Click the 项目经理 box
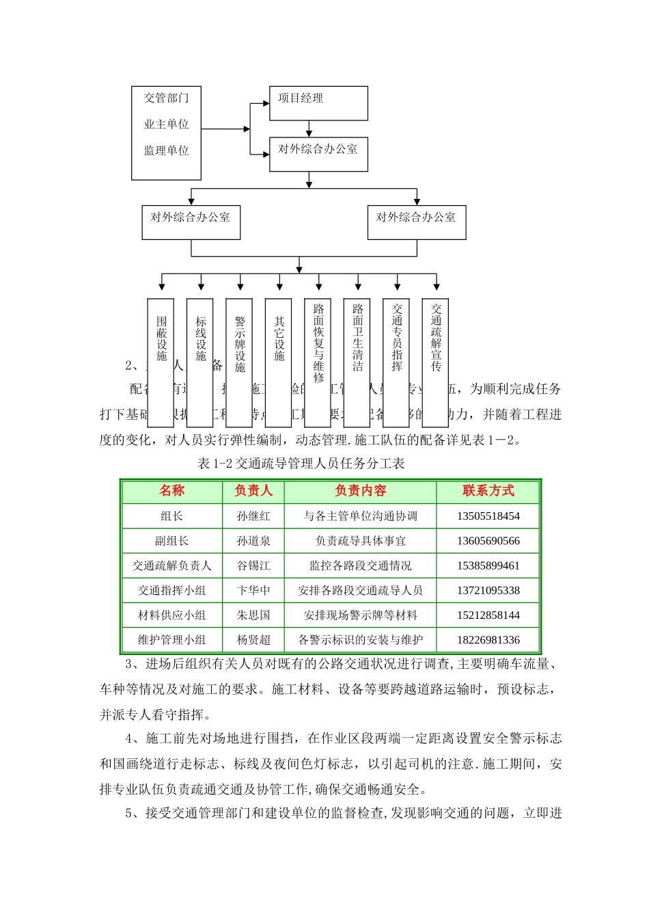pyautogui.click(x=318, y=103)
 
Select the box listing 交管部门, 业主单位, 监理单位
pyautogui.click(x=166, y=133)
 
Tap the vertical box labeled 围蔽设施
pyautogui.click(x=161, y=362)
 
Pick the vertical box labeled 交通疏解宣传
pyautogui.click(x=436, y=362)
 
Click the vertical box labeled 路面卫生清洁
pyautogui.click(x=357, y=362)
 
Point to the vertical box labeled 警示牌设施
pyautogui.click(x=240, y=362)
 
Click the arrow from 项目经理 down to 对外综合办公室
pyautogui.click(x=309, y=129)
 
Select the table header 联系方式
pyautogui.click(x=488, y=491)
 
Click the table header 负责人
pyautogui.click(x=253, y=491)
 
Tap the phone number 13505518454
pyautogui.click(x=488, y=516)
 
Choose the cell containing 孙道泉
pyautogui.click(x=253, y=541)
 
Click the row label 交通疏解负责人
pyautogui.click(x=172, y=565)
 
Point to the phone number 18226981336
pyautogui.click(x=488, y=640)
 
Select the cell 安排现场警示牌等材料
pyautogui.click(x=360, y=615)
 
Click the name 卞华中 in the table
pyautogui.click(x=253, y=590)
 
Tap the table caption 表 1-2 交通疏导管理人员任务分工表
pyautogui.click(x=301, y=464)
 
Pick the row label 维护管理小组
pyautogui.click(x=172, y=640)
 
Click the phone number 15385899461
pyautogui.click(x=488, y=565)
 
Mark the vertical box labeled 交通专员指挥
pyautogui.click(x=397, y=362)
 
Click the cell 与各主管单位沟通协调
pyautogui.click(x=360, y=516)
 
